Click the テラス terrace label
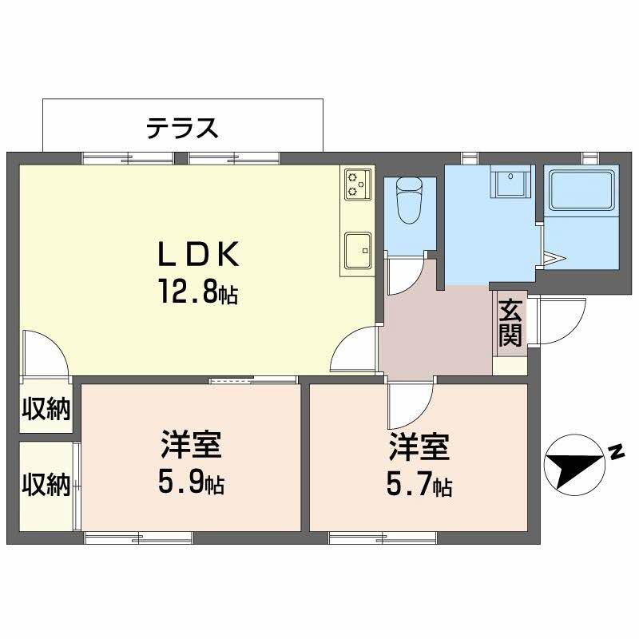click(182, 128)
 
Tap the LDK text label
click(197, 254)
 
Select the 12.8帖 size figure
click(198, 291)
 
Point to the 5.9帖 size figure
click(191, 484)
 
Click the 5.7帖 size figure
click(419, 485)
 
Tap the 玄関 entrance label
click(510, 323)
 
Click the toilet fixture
click(410, 200)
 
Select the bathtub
click(581, 190)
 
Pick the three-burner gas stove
click(358, 185)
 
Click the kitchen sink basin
click(358, 251)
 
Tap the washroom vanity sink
click(512, 181)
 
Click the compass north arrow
click(574, 465)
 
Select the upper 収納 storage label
click(46, 408)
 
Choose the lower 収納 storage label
click(46, 485)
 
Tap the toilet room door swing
click(404, 276)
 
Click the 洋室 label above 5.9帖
click(191, 444)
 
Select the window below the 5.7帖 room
click(383, 538)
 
